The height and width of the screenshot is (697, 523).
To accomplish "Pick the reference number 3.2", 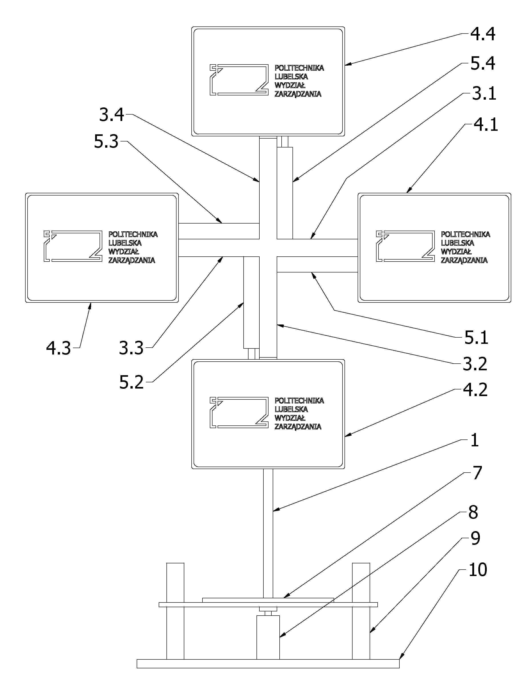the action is coord(475,364).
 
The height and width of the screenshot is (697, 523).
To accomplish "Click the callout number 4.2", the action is coord(475,390).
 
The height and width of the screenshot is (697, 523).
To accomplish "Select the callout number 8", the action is coord(473,512).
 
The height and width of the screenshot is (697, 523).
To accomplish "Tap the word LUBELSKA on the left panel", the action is coord(125,243).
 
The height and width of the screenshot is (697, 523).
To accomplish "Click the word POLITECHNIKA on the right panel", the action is coord(465,234).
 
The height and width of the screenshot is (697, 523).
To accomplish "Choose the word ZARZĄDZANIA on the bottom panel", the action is coord(298,427).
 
